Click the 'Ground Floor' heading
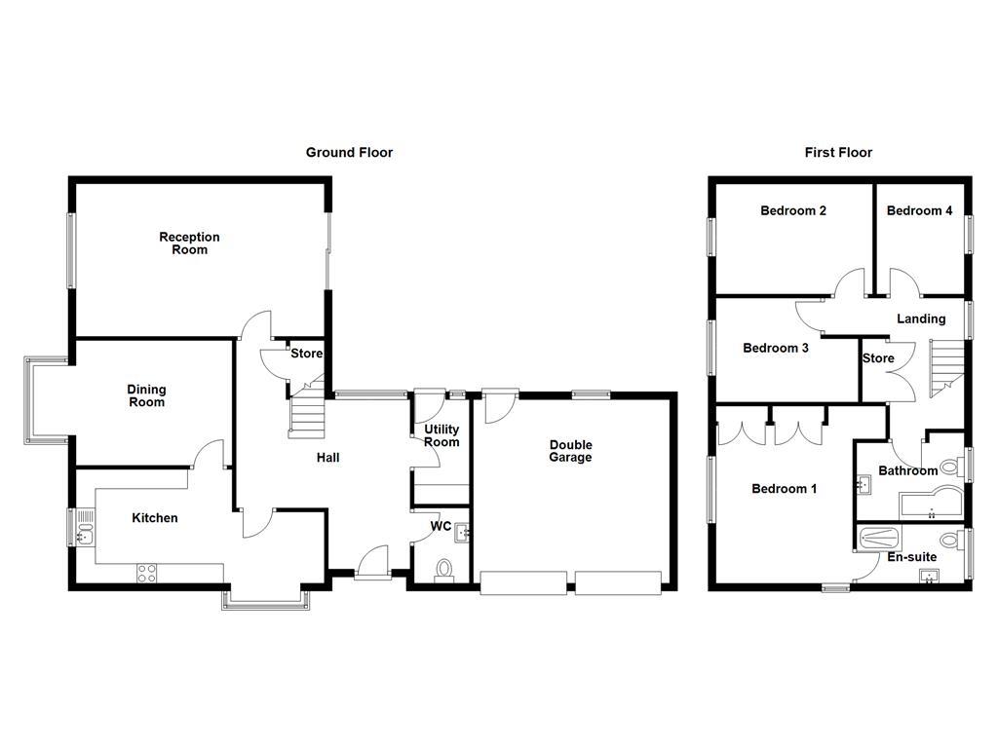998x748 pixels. tap(349, 152)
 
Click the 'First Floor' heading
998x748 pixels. tap(838, 152)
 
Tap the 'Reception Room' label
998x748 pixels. tap(190, 243)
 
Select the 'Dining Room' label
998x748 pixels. tap(146, 395)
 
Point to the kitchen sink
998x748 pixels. tap(84, 532)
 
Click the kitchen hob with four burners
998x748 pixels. tap(147, 573)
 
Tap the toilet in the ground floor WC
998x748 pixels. tap(443, 569)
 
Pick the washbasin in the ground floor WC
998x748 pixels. tap(462, 532)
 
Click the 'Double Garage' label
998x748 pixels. tap(570, 451)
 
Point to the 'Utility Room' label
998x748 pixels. tap(441, 435)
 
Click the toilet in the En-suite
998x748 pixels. tap(948, 541)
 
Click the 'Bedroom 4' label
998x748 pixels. tap(919, 210)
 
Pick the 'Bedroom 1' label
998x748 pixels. tap(784, 489)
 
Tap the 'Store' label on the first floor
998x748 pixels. tap(877, 358)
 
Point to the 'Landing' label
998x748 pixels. tap(921, 318)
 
